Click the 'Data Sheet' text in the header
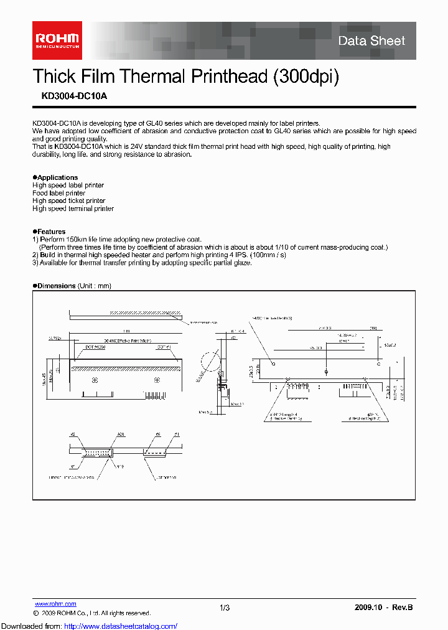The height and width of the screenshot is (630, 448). coord(371,41)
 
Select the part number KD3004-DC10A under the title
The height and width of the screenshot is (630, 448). coord(65,96)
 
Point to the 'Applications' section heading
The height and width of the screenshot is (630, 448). coord(57,177)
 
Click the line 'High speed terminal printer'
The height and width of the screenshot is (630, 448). coord(73,209)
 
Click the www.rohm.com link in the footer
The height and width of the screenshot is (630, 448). coord(55,604)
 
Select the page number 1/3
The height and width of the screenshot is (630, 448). coord(225,608)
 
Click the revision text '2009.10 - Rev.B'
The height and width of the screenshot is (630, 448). coord(383,608)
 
